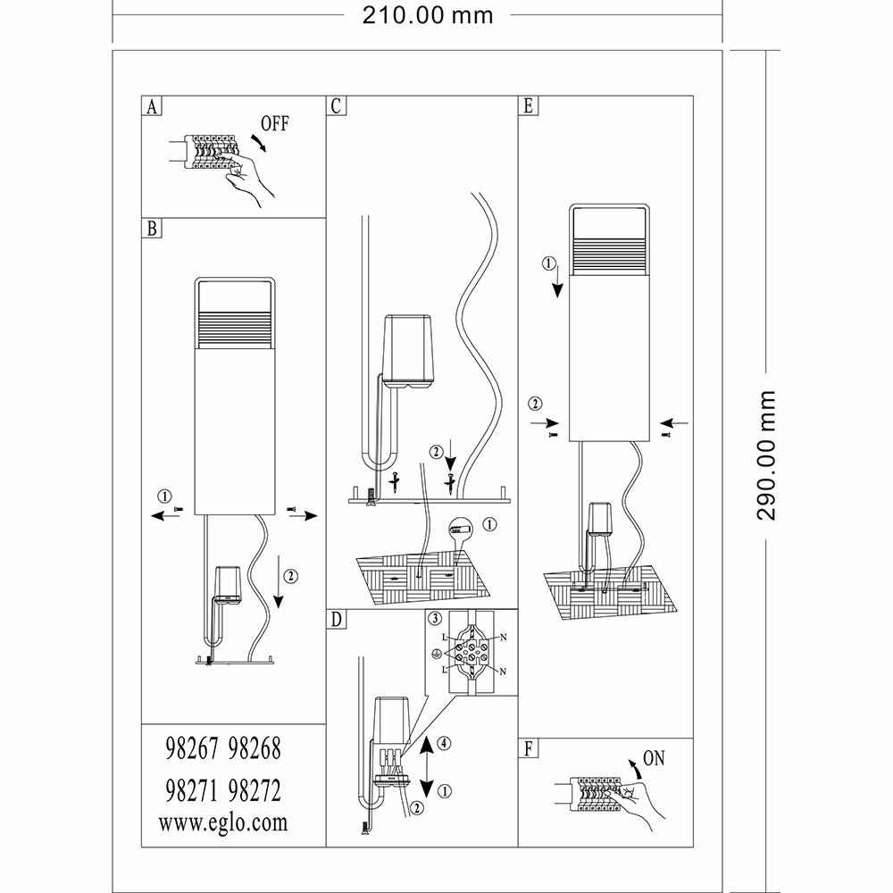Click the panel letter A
tap(153, 106)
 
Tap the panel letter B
tap(153, 229)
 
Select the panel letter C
tap(336, 106)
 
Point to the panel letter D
tap(336, 619)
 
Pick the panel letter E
tap(529, 106)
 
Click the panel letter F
tap(529, 748)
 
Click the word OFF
tap(275, 122)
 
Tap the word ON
tap(655, 759)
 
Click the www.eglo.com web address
tap(223, 822)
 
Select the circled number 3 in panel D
tap(434, 618)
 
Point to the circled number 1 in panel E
tap(550, 263)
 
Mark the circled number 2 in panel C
tap(436, 453)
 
